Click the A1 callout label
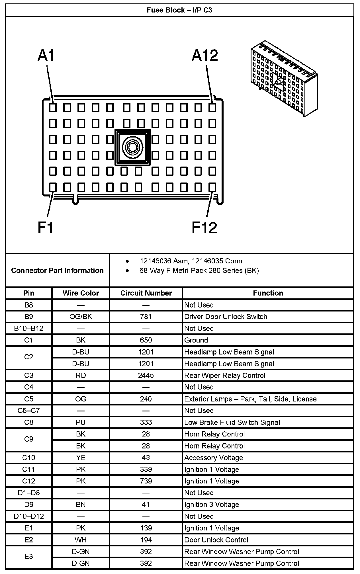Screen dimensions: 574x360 46,55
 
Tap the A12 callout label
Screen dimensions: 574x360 205,55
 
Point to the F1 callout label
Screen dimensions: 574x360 46,227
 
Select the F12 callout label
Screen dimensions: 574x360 204,227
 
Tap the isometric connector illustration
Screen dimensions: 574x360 284,79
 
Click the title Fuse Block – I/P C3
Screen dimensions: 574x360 179,10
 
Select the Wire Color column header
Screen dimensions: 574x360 81,293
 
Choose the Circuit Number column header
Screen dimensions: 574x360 146,293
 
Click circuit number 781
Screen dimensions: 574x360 146,317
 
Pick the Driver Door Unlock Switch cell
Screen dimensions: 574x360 226,317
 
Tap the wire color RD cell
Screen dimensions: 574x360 81,375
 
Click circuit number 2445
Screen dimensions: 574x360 146,375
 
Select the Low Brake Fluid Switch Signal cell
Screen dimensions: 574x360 232,422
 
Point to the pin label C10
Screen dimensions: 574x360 29,458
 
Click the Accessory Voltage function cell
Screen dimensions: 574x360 214,458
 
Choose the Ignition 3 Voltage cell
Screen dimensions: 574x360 212,505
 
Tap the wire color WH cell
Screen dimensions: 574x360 81,540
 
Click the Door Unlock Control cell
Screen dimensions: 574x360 216,540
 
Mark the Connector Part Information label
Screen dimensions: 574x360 57,270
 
